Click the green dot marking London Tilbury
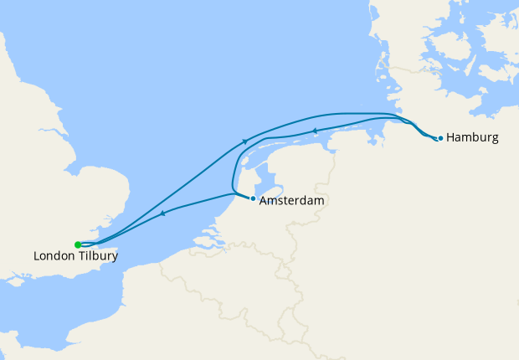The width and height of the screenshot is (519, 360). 78,244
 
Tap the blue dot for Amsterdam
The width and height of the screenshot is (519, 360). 253,198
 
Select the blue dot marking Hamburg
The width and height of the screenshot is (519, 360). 440,138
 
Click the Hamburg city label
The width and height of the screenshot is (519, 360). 473,137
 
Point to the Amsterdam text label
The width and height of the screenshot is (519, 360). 291,202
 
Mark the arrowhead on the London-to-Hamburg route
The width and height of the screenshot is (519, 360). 244,141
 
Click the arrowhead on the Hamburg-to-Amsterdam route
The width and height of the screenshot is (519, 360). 315,131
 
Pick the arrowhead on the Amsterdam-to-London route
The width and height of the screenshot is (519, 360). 163,213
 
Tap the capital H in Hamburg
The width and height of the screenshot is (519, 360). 452,137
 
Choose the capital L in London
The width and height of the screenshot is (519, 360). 37,256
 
